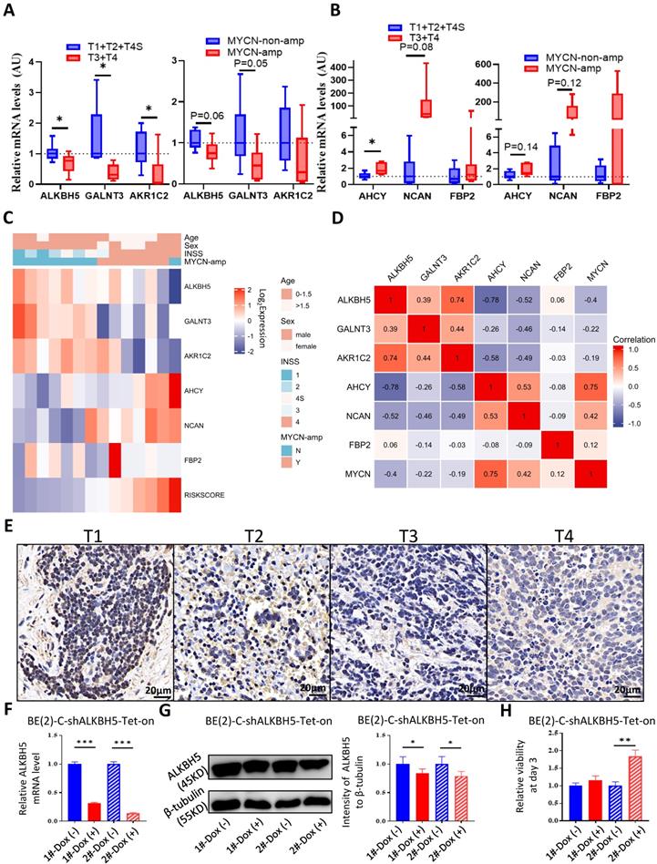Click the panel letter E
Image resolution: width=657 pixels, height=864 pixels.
coord(8,527)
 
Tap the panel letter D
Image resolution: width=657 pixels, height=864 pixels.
coord(339,217)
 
